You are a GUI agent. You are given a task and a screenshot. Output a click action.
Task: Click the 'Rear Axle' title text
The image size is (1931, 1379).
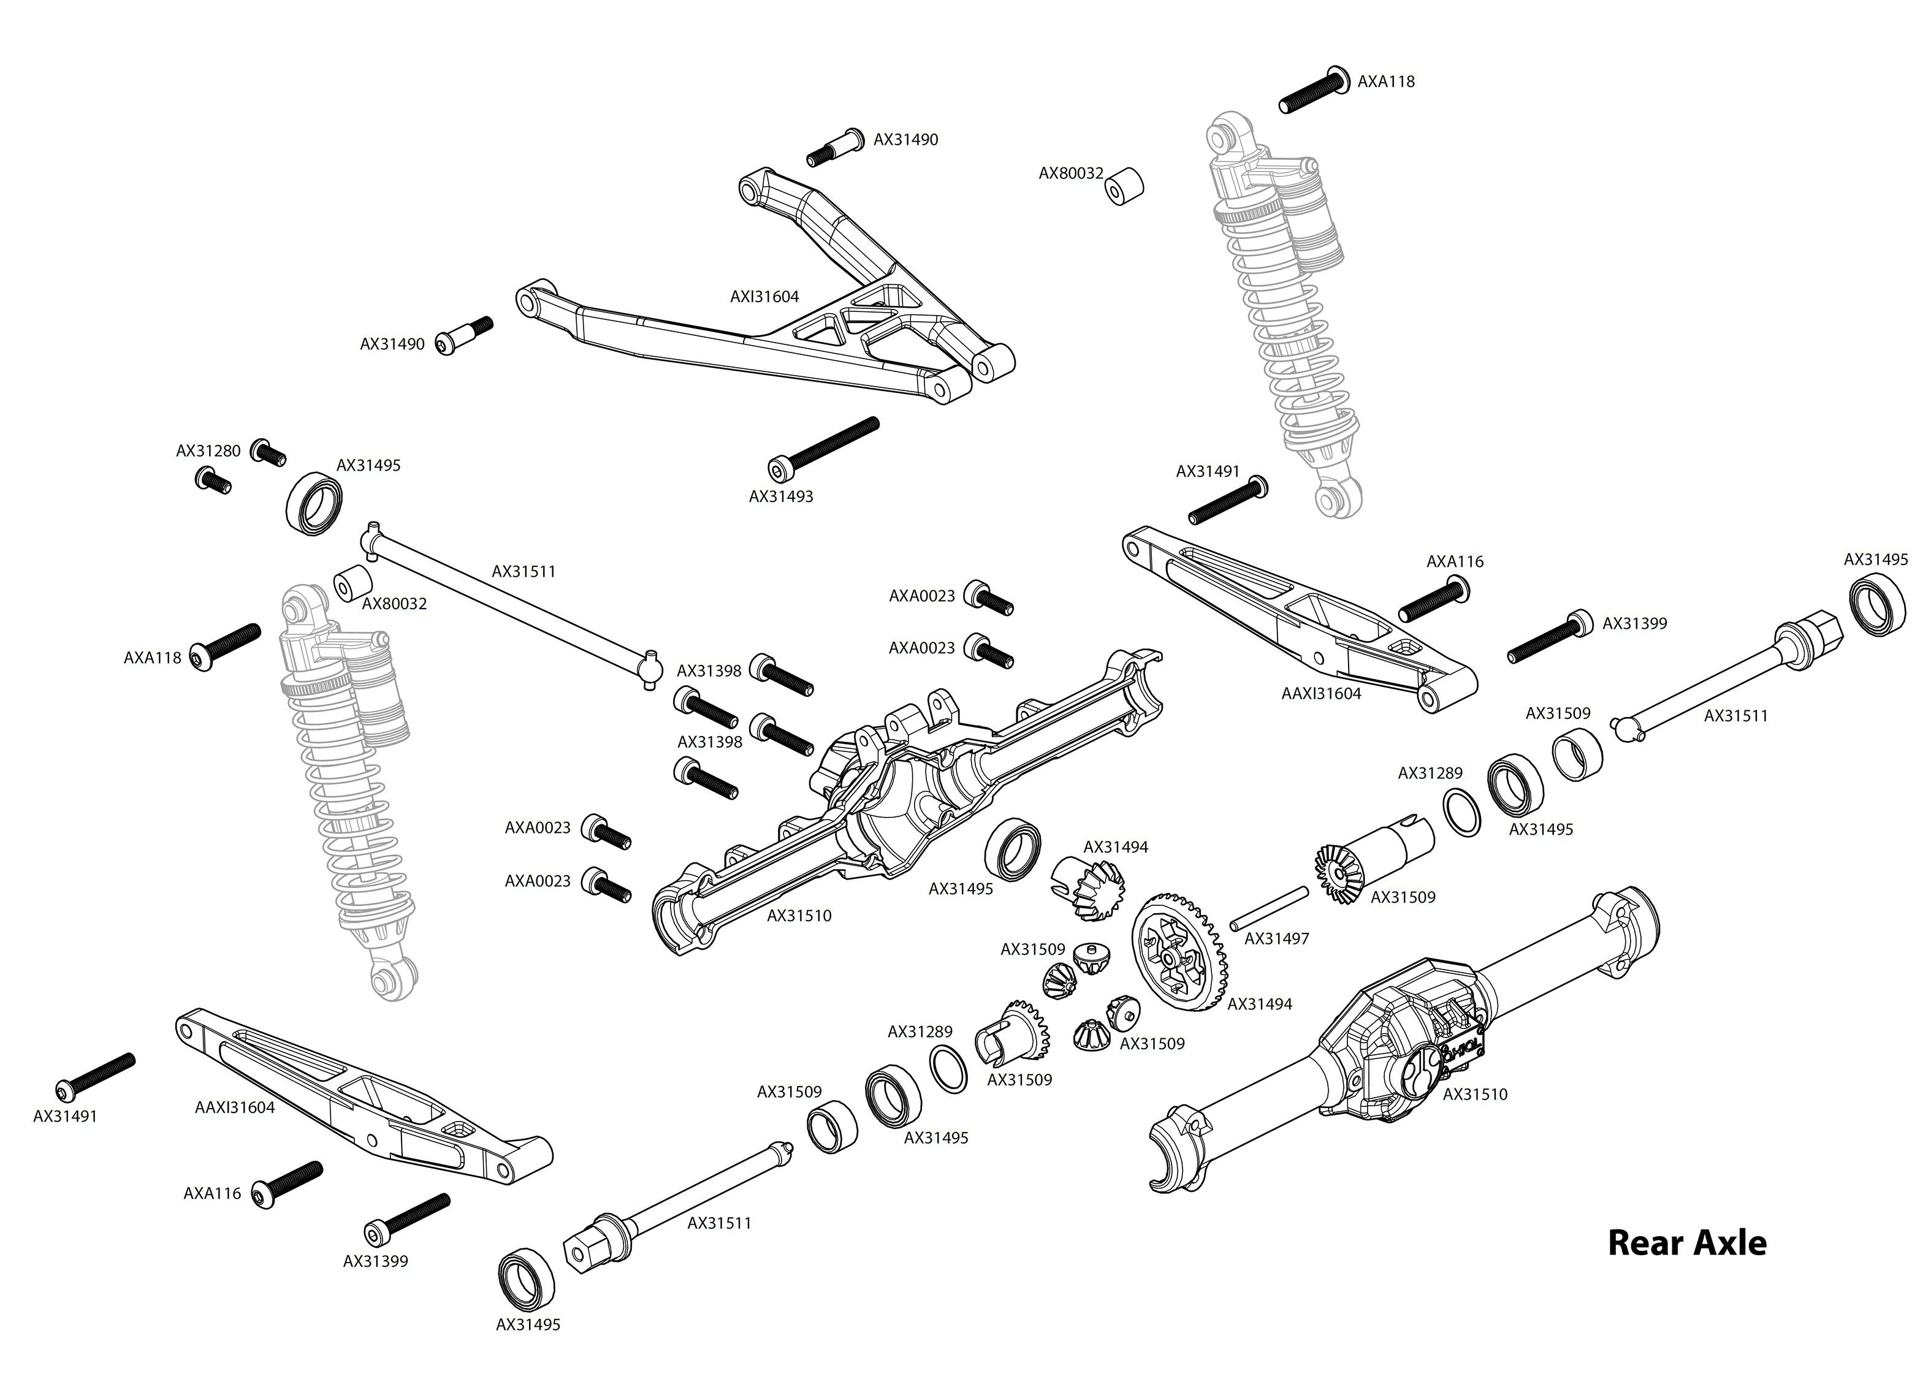tap(1686, 1243)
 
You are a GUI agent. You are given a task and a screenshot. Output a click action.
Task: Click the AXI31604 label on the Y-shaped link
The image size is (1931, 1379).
tap(764, 297)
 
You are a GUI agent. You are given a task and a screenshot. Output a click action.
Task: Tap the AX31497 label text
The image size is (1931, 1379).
tap(1276, 938)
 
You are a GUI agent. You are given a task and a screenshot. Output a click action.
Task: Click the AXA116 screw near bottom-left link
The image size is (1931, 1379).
tap(291, 1183)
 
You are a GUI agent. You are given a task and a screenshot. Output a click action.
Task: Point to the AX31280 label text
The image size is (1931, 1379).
tap(208, 451)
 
